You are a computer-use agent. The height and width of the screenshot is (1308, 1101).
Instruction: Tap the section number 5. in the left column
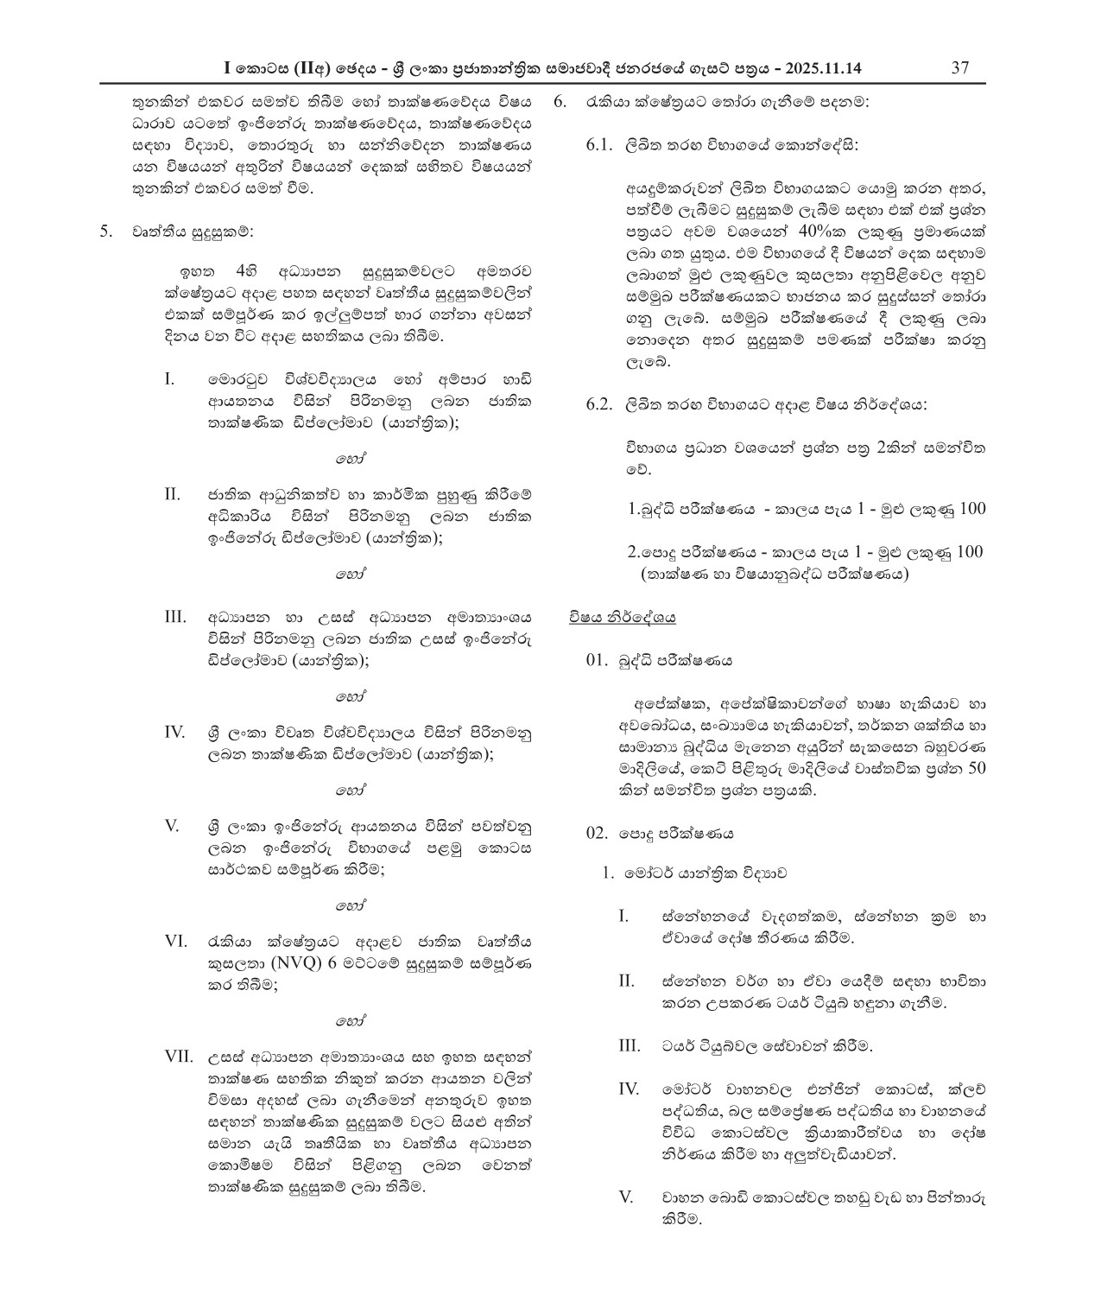point(106,231)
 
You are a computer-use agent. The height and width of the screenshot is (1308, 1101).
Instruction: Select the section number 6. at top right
point(559,101)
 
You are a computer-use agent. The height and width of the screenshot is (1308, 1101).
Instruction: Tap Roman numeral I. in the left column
point(169,378)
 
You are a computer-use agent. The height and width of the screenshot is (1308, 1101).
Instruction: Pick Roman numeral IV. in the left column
point(175,732)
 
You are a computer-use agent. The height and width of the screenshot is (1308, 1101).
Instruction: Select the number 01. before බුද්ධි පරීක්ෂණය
point(598,660)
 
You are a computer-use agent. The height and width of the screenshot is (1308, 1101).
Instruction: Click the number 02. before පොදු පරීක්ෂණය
point(598,834)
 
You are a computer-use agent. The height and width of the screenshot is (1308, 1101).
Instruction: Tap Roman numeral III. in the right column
point(630,1045)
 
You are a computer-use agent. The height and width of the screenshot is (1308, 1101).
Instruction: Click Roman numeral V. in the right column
point(627,1197)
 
